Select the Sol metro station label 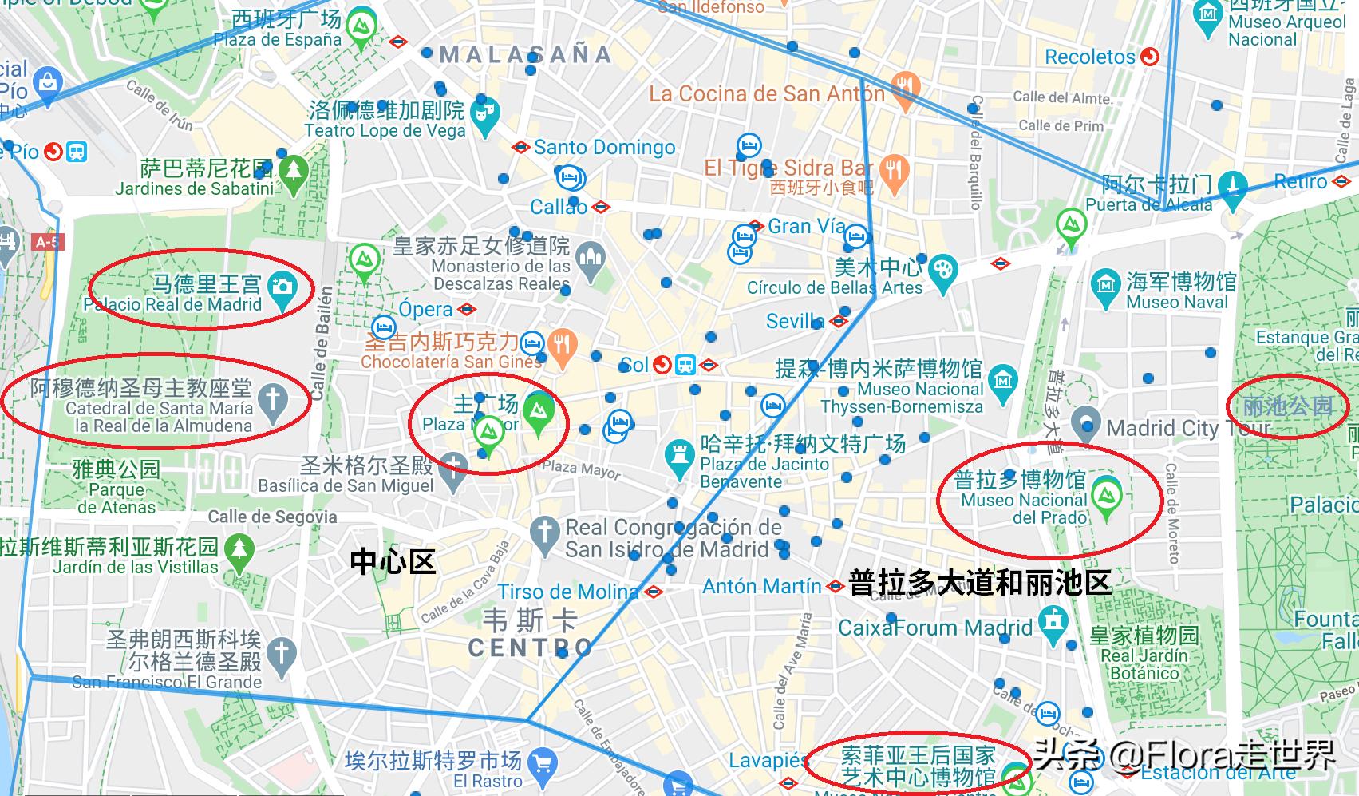click(x=634, y=366)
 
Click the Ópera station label click(x=425, y=309)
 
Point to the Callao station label click(x=559, y=207)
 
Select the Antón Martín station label click(x=761, y=586)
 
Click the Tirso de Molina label click(x=568, y=592)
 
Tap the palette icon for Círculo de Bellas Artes click(x=942, y=269)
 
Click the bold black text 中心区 click(x=393, y=562)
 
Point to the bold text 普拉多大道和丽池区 click(x=979, y=582)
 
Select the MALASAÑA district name click(x=525, y=54)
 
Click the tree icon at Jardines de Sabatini click(x=294, y=170)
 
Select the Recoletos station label click(x=1089, y=57)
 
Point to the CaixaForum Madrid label click(x=935, y=627)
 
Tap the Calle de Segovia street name click(x=272, y=517)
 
